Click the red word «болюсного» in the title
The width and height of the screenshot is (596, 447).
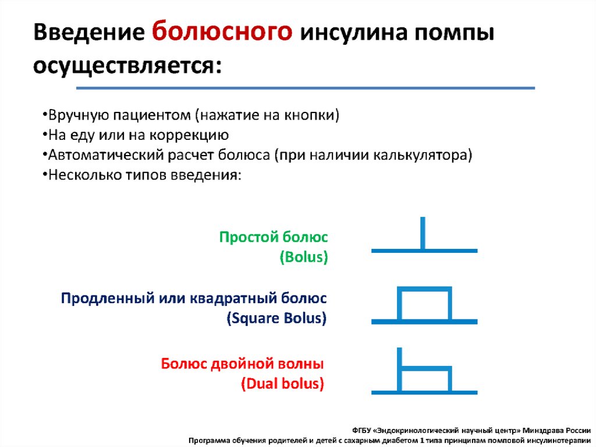(222, 33)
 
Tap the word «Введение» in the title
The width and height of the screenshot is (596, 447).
(89, 31)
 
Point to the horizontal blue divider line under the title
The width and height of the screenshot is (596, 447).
(306, 88)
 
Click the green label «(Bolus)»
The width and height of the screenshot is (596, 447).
(304, 257)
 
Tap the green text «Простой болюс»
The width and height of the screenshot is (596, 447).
(274, 237)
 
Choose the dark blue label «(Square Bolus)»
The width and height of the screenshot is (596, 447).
(276, 318)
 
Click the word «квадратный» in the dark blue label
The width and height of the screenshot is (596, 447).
(233, 298)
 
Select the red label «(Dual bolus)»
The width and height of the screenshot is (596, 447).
(282, 383)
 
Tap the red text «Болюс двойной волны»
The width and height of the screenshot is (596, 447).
(243, 364)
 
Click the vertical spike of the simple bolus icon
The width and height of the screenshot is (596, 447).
(423, 233)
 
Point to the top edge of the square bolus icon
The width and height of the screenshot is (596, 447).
(424, 288)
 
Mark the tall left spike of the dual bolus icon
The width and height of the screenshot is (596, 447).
(399, 369)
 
